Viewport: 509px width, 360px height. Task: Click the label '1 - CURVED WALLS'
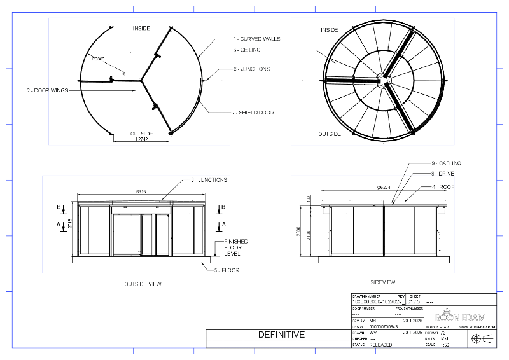click(256, 39)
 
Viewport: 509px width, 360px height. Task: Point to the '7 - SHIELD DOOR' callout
click(253, 112)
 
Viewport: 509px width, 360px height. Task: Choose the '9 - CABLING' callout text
click(445, 163)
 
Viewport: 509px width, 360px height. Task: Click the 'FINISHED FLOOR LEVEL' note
click(235, 247)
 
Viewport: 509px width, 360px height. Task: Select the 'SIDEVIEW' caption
click(383, 281)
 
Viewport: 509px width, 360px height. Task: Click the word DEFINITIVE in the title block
click(281, 335)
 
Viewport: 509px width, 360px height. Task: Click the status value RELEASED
click(380, 345)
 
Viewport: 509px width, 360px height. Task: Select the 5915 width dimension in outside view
click(141, 191)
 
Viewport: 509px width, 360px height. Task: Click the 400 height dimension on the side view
click(309, 200)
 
